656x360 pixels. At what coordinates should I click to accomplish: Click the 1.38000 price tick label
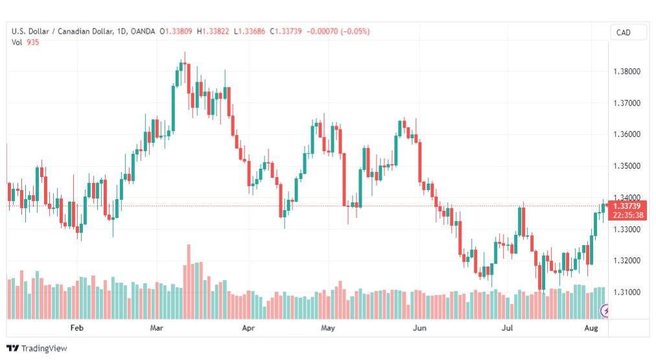(x=627, y=71)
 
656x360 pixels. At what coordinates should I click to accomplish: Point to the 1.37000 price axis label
(x=627, y=103)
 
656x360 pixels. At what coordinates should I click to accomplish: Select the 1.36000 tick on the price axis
(x=627, y=134)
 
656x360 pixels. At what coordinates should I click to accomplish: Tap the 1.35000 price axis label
(x=627, y=166)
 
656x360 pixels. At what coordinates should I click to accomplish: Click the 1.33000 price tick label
(x=627, y=230)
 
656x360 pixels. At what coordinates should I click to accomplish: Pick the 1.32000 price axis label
(x=627, y=261)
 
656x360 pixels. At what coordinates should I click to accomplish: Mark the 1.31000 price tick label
(x=627, y=292)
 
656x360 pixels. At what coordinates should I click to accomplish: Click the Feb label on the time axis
(x=77, y=328)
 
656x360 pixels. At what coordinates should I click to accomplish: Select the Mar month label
(x=156, y=328)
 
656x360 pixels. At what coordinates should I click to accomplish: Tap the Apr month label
(x=248, y=328)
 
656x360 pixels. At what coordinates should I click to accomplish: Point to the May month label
(x=328, y=328)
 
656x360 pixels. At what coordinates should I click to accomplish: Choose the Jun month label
(x=419, y=328)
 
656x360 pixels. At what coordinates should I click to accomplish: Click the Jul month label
(x=507, y=328)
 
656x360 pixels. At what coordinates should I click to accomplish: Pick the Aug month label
(x=591, y=328)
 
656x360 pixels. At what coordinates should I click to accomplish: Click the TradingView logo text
(x=44, y=348)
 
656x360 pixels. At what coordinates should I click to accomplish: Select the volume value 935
(x=32, y=42)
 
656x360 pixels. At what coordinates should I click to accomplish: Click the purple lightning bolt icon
(x=605, y=311)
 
